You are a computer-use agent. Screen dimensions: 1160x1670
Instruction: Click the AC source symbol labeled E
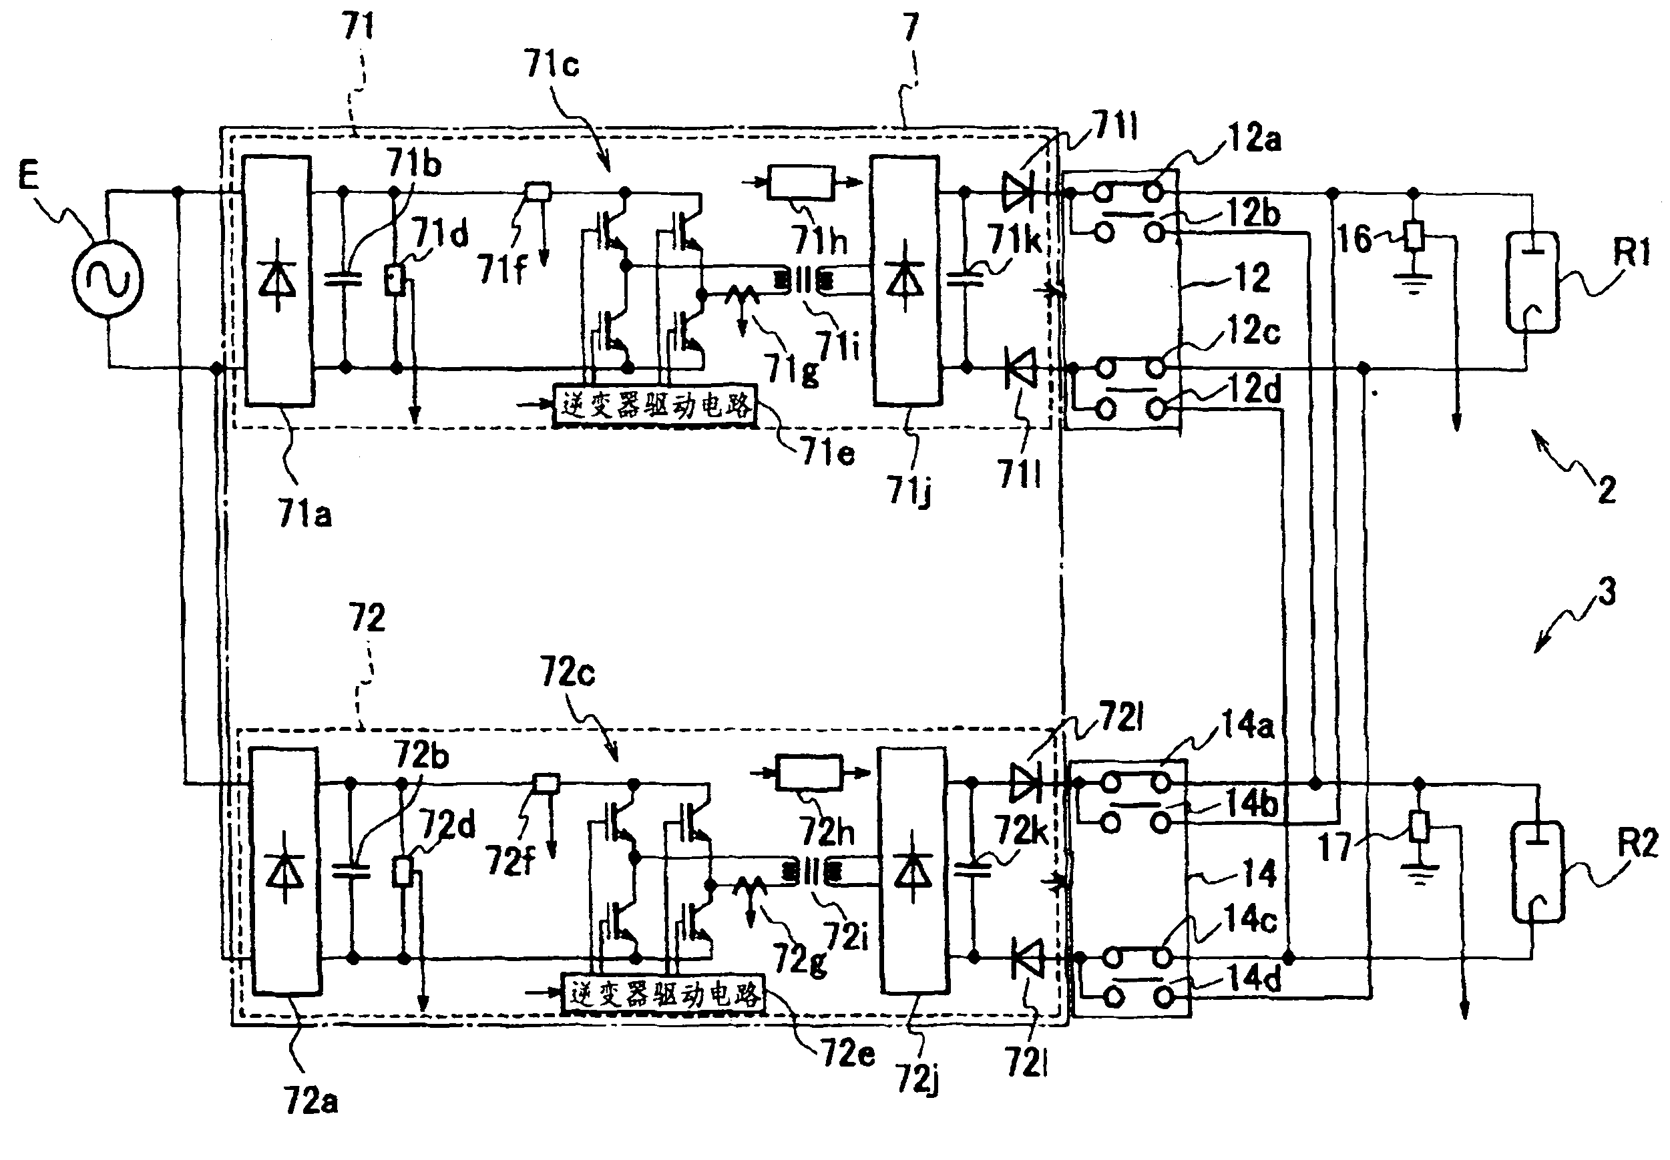107,280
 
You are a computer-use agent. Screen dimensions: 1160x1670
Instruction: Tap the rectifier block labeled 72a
285,871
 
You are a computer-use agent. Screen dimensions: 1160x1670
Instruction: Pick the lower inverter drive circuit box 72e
664,994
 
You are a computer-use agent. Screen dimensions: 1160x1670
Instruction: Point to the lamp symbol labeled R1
1532,282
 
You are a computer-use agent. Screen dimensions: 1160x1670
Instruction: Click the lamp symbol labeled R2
1537,872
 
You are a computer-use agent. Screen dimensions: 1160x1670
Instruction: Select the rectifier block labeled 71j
905,280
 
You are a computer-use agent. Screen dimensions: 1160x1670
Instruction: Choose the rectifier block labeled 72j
913,871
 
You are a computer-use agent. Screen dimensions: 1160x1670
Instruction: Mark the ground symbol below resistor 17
1419,872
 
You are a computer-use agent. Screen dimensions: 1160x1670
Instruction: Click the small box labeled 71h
801,182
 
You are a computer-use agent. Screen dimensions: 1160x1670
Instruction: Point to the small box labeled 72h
809,774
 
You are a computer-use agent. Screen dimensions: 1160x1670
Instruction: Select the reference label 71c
551,65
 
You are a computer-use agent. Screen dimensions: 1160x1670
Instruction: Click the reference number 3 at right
1607,591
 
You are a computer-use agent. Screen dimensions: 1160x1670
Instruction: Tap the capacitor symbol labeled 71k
966,280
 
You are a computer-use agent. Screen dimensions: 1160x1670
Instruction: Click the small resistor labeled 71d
395,280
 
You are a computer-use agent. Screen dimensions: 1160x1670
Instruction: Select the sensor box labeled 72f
546,783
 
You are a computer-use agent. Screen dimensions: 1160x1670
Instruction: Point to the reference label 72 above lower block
367,619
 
